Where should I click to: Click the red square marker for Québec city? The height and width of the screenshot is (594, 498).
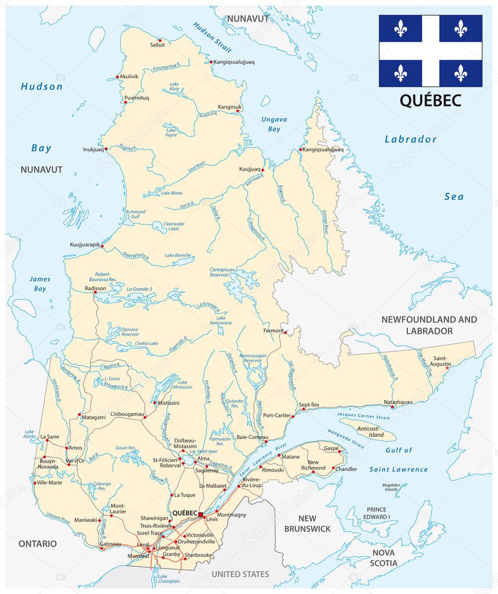click(x=200, y=514)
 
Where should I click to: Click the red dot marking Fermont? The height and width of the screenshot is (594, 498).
click(x=285, y=332)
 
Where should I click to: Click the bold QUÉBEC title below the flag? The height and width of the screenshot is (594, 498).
click(x=430, y=100)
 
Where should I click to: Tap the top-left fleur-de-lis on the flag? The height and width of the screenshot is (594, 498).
click(x=400, y=28)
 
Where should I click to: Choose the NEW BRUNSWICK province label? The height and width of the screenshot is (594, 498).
click(x=307, y=523)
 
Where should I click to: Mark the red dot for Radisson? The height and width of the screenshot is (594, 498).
click(x=95, y=293)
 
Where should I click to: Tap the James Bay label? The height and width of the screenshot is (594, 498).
click(x=40, y=283)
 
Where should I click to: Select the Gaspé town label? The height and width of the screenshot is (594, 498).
click(x=331, y=448)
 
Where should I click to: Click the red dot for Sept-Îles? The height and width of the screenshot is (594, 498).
click(x=293, y=416)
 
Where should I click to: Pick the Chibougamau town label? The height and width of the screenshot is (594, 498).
click(x=127, y=414)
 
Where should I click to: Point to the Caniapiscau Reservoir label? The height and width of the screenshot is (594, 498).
click(x=226, y=273)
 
